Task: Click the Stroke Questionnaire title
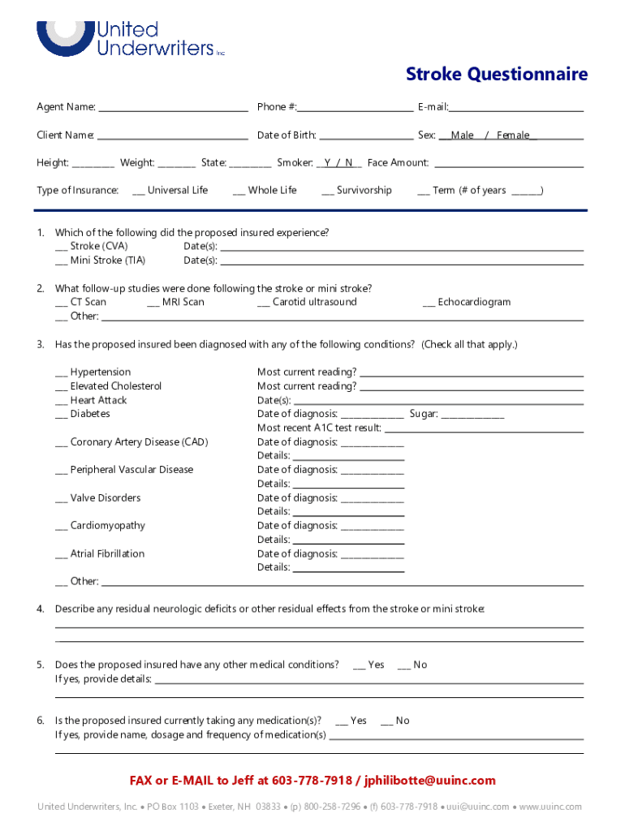[x=496, y=75]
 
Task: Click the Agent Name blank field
[x=172, y=108]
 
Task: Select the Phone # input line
[x=355, y=108]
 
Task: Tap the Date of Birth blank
[x=365, y=136]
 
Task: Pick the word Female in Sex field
[x=513, y=136]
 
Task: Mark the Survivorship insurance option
[x=327, y=192]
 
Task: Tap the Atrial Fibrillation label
[x=107, y=554]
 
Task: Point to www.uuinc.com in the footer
[x=551, y=807]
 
